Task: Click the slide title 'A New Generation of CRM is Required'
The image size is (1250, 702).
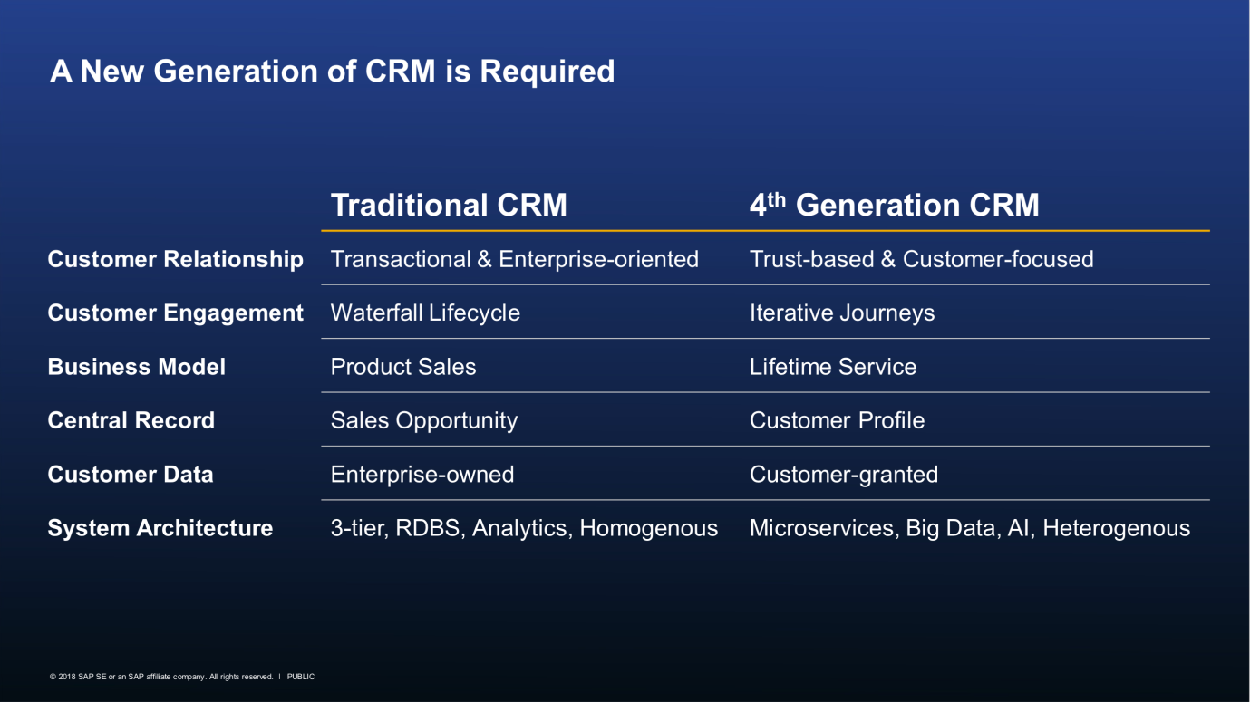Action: [332, 72]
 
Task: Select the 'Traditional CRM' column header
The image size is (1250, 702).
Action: [449, 205]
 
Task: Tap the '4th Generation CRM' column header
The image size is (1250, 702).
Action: [894, 205]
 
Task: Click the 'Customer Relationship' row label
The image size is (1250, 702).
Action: [175, 259]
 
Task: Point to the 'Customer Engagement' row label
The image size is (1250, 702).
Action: [175, 313]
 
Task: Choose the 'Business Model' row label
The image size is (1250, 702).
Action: [137, 367]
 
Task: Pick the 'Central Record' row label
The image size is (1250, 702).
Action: [131, 420]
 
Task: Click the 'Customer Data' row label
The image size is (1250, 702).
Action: [131, 475]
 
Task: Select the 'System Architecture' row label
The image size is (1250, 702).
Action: [160, 528]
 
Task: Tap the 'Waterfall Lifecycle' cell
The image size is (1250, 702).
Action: [425, 313]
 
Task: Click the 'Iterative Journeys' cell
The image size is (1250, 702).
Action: [842, 313]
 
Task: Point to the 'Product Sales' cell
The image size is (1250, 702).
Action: [403, 367]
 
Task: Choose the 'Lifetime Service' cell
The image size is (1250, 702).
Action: [833, 367]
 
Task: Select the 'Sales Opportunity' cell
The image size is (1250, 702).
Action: [424, 420]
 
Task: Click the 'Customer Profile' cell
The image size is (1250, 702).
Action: [837, 420]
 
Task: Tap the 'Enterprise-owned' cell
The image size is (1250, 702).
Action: [422, 475]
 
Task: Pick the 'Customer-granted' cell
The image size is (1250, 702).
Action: [844, 475]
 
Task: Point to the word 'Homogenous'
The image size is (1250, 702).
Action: [648, 528]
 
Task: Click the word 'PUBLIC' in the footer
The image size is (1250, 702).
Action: [301, 677]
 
